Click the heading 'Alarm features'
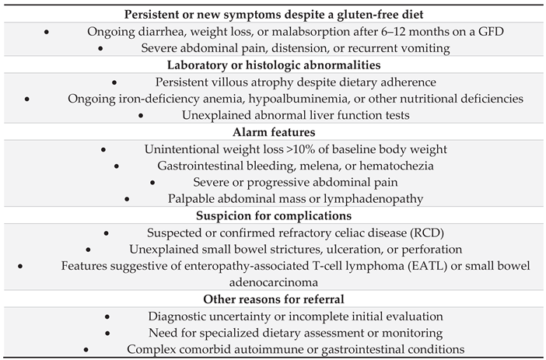click(272, 132)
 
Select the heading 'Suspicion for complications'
click(272, 215)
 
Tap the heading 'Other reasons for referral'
click(272, 299)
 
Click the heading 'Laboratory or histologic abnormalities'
click(272, 65)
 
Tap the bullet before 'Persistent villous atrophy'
click(114, 82)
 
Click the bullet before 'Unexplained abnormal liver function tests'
click(142, 115)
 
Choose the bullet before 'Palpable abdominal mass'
click(128, 199)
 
